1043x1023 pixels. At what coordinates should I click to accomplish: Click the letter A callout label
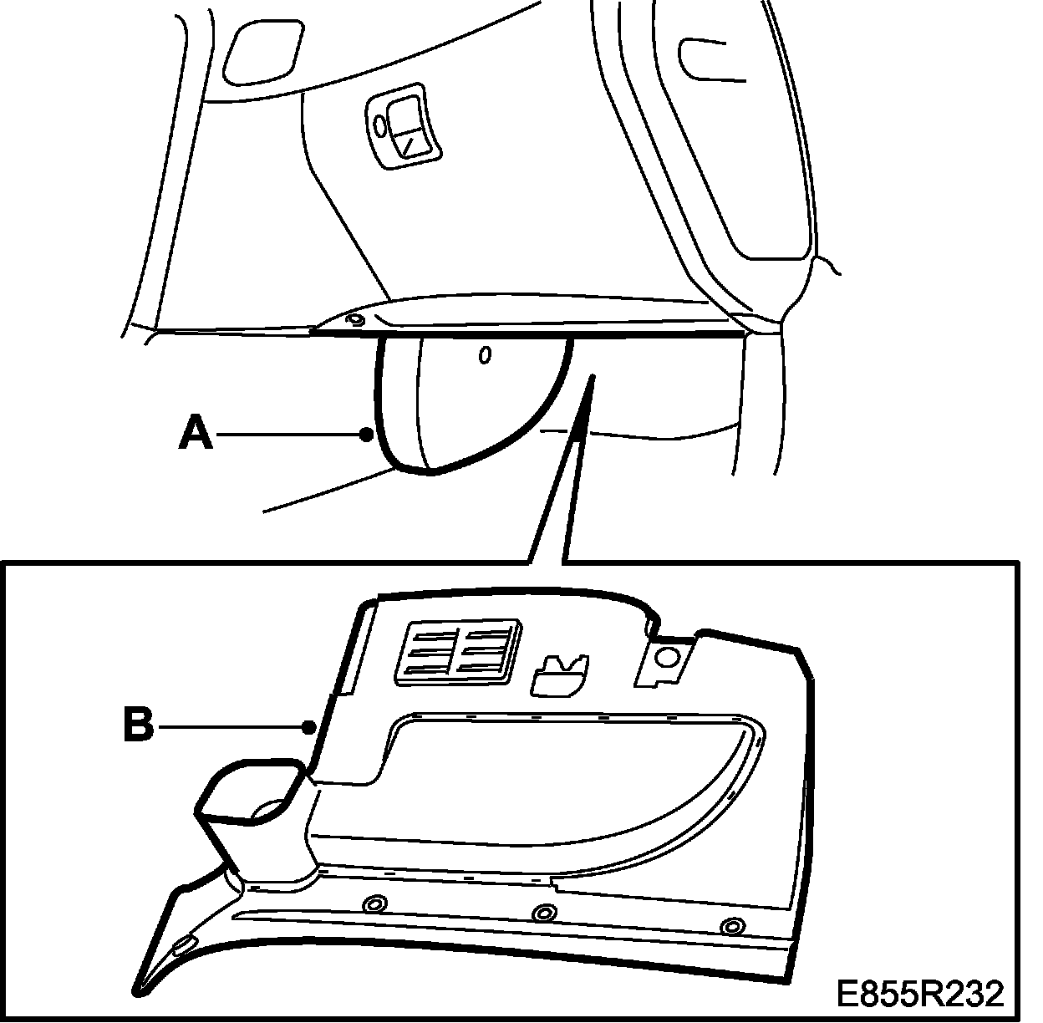click(196, 434)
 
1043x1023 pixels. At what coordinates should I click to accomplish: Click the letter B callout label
click(139, 725)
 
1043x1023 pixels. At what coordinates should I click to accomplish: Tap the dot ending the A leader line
click(365, 434)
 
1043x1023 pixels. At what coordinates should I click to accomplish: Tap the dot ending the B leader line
click(310, 727)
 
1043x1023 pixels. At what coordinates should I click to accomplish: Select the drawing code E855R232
click(920, 994)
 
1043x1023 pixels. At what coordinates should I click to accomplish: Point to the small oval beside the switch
click(379, 127)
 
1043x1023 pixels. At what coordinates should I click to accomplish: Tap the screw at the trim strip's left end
click(355, 319)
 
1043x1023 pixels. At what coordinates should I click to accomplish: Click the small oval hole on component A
click(484, 356)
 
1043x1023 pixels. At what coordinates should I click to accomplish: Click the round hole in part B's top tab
click(667, 657)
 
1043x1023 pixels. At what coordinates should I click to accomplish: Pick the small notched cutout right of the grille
click(558, 673)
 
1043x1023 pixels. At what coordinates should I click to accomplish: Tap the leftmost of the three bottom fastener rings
click(374, 904)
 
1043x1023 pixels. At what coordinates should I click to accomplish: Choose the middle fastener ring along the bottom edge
click(544, 913)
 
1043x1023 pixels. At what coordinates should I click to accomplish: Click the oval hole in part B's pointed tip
click(183, 945)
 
